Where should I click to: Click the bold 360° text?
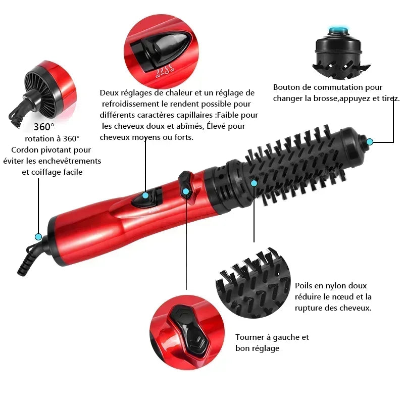click(x=44, y=127)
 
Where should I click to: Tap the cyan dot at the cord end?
click(x=38, y=236)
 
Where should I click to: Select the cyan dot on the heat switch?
click(x=145, y=195)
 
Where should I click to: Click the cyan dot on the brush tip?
click(x=370, y=142)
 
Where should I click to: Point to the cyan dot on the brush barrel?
click(x=254, y=183)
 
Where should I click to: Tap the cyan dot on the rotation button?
click(x=186, y=191)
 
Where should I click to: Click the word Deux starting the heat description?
click(x=110, y=93)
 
